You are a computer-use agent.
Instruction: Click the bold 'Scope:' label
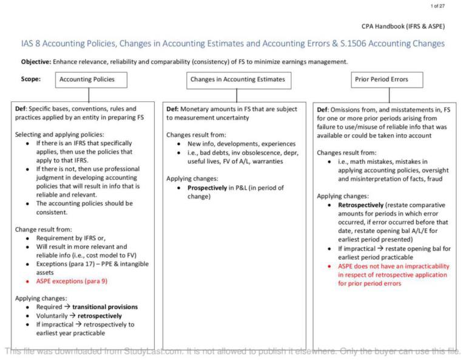(31, 79)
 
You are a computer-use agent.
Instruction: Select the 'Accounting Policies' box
(87, 80)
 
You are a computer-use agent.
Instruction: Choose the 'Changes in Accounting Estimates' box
(237, 80)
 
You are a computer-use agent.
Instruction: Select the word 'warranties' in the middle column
(266, 161)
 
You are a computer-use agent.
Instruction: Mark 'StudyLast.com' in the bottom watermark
(150, 351)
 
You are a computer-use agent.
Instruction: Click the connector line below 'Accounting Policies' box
(89, 95)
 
